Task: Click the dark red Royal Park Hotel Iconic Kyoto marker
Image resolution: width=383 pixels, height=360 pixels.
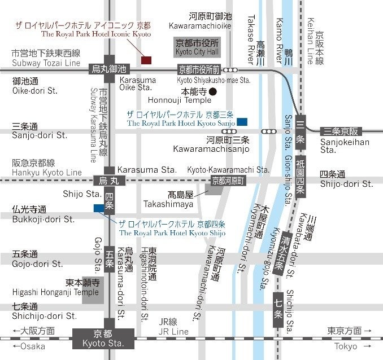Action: [146, 60]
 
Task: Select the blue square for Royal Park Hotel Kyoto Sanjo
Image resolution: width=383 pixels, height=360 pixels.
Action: [242, 121]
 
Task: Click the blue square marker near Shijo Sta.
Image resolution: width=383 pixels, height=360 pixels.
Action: [99, 209]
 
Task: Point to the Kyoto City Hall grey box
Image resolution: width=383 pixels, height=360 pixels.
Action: [196, 47]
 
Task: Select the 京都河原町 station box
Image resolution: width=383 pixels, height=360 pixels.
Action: [227, 181]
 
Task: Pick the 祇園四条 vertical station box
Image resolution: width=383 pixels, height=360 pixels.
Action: [301, 176]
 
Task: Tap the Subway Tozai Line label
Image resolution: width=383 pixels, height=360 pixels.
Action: [46, 63]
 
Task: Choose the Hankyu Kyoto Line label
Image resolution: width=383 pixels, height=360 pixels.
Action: [47, 172]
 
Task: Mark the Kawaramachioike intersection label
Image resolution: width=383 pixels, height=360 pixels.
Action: [200, 27]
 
